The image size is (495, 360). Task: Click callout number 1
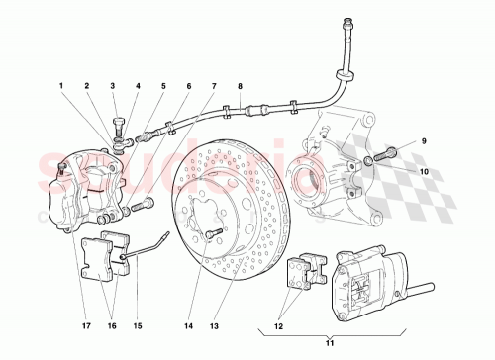pyautogui.click(x=61, y=87)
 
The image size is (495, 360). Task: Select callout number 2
pyautogui.click(x=88, y=87)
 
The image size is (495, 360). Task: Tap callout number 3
pyautogui.click(x=112, y=87)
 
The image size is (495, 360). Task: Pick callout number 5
pyautogui.click(x=163, y=87)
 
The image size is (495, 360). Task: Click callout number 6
pyautogui.click(x=187, y=87)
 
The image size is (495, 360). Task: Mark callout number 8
pyautogui.click(x=240, y=87)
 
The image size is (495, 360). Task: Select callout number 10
pyautogui.click(x=424, y=170)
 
